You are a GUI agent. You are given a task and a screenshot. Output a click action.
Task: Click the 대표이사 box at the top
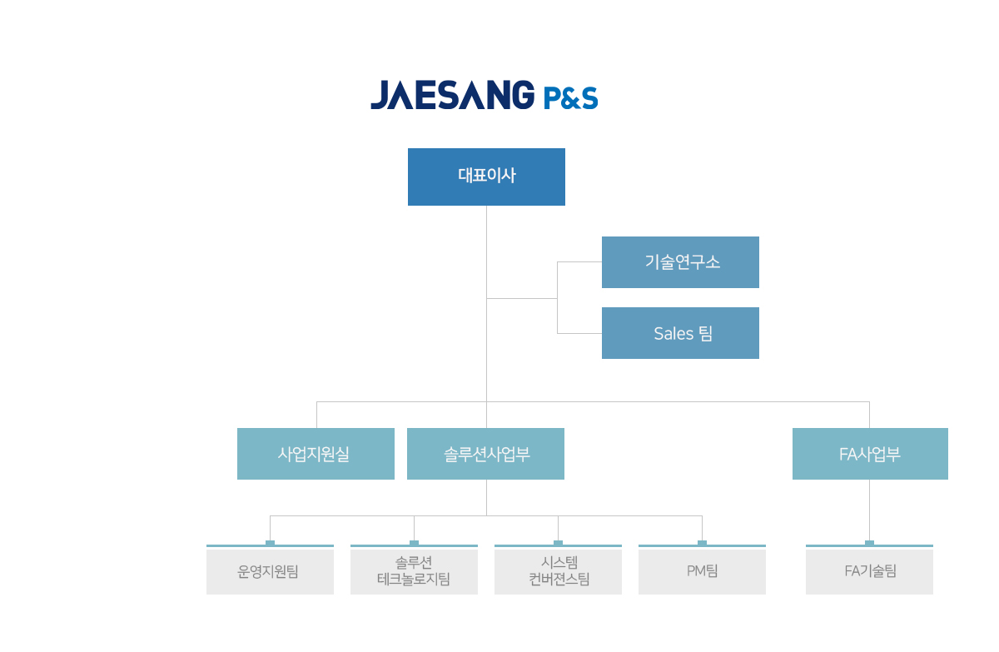point(486,177)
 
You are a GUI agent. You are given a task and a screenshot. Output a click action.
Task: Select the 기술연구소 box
point(680,262)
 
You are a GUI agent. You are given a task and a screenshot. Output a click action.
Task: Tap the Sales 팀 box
point(680,333)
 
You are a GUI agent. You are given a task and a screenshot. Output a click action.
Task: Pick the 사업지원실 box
point(316,454)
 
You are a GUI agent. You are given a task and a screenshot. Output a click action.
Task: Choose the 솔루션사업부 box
point(485,454)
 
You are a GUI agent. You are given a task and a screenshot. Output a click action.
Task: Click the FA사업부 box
point(870,454)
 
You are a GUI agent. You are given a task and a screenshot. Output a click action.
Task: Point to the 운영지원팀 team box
point(270,572)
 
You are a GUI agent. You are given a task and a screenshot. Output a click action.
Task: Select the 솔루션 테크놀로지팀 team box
point(414,572)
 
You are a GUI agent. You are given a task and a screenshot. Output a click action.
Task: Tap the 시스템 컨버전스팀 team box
point(558,572)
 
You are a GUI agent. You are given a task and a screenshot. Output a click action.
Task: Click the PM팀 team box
point(702,572)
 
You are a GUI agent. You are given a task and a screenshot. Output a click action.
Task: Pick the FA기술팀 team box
point(869,572)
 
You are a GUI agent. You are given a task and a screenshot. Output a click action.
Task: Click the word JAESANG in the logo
point(453,95)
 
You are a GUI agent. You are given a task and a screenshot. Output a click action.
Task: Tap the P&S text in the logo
point(571,98)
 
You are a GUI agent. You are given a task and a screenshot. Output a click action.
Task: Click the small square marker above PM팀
point(702,543)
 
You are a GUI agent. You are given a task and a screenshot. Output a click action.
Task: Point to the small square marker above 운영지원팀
point(270,543)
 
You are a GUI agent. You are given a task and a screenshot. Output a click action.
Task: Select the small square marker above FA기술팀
point(869,543)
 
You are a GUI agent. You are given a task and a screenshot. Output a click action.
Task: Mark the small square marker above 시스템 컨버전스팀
point(558,543)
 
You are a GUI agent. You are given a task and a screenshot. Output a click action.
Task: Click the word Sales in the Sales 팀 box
point(673,334)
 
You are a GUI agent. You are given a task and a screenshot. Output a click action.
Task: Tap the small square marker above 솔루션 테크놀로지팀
point(414,543)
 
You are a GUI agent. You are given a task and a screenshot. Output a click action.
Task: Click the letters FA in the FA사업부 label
point(848,455)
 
